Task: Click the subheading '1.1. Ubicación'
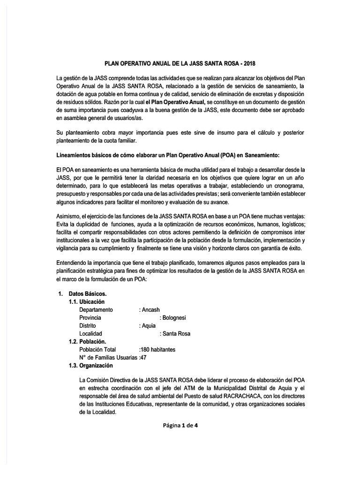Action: click(x=87, y=301)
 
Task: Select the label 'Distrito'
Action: click(x=88, y=326)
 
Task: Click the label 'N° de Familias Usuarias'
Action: click(x=109, y=358)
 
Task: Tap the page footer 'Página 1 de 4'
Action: click(x=181, y=426)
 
